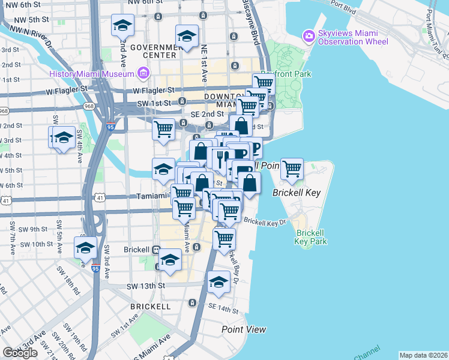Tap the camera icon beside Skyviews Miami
pyautogui.click(x=309, y=36)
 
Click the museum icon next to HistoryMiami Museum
pyautogui.click(x=143, y=74)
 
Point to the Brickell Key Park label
pyautogui.click(x=311, y=236)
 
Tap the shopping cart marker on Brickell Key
pyautogui.click(x=292, y=170)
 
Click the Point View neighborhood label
pyautogui.click(x=244, y=329)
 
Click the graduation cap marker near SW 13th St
pyautogui.click(x=218, y=283)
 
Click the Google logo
pyautogui.click(x=20, y=353)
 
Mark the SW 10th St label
pyautogui.click(x=38, y=244)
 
